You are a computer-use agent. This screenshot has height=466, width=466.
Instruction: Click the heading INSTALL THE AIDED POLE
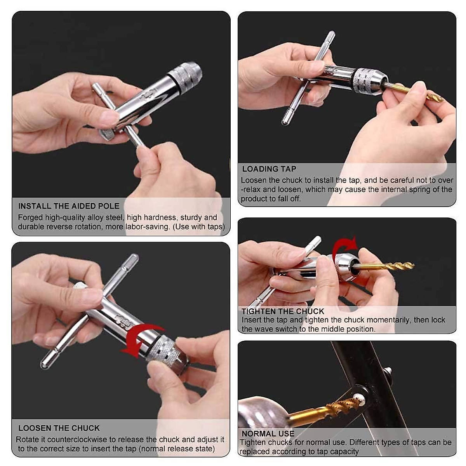[x=69, y=206]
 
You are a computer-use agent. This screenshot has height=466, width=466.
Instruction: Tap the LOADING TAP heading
[x=269, y=169]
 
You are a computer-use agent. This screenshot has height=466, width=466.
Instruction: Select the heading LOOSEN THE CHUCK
[x=59, y=428]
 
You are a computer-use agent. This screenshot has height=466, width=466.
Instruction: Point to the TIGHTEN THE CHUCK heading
[x=283, y=311]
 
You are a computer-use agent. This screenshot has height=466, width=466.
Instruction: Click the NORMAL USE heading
[x=268, y=433]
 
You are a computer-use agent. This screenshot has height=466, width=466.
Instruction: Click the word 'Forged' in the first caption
[x=30, y=217]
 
